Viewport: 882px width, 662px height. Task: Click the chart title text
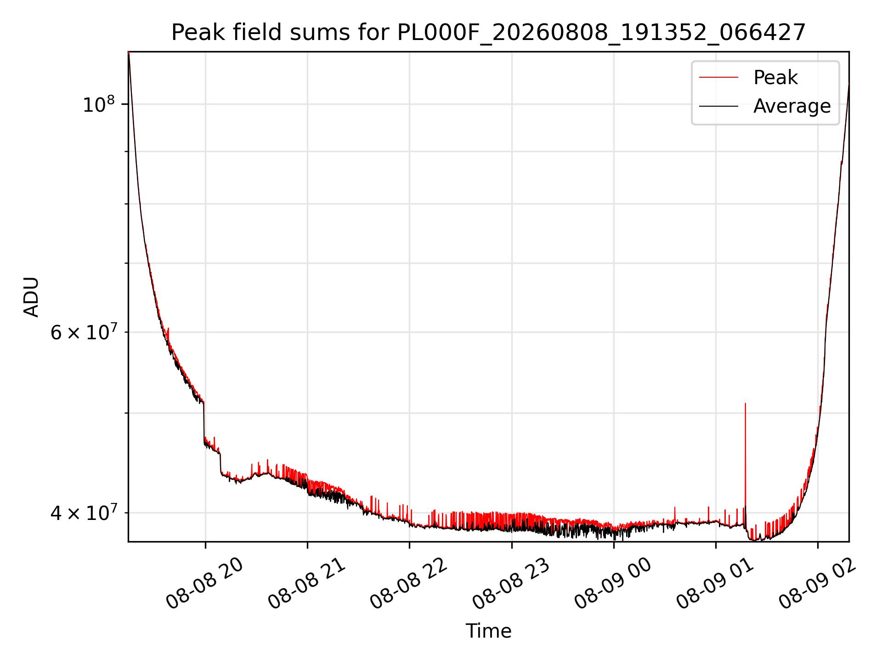pyautogui.click(x=488, y=33)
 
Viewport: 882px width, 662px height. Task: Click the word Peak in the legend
pyautogui.click(x=775, y=77)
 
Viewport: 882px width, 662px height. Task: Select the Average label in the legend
pyautogui.click(x=792, y=106)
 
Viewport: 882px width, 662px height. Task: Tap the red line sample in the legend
pyautogui.click(x=718, y=77)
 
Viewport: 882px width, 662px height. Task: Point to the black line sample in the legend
pyautogui.click(x=718, y=106)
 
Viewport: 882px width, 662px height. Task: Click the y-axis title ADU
pyautogui.click(x=31, y=297)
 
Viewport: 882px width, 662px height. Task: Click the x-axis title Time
pyautogui.click(x=488, y=631)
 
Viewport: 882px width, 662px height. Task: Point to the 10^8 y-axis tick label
pyautogui.click(x=98, y=104)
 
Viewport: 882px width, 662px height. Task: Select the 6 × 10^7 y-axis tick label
pyautogui.click(x=83, y=331)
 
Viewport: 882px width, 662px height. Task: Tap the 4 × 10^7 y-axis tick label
pyautogui.click(x=83, y=512)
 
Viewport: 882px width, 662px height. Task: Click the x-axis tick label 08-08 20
pyautogui.click(x=205, y=584)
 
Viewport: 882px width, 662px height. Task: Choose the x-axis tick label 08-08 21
pyautogui.click(x=307, y=584)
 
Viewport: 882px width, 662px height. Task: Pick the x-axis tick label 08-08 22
pyautogui.click(x=409, y=584)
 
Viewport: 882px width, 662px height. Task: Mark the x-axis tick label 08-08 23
pyautogui.click(x=511, y=584)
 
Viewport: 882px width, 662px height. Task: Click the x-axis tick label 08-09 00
pyautogui.click(x=613, y=584)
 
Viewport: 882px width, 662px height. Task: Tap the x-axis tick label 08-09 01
pyautogui.click(x=716, y=584)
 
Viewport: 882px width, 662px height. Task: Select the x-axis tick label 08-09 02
pyautogui.click(x=818, y=584)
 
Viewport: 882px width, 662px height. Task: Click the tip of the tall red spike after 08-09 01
pyautogui.click(x=745, y=403)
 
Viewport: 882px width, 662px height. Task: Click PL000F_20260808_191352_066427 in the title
pyautogui.click(x=601, y=33)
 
